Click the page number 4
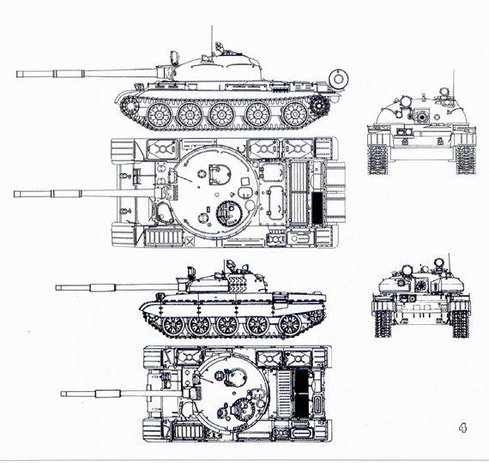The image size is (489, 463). pos(462,428)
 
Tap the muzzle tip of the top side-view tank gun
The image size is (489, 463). pos(17,74)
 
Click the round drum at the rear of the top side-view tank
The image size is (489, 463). pos(338,78)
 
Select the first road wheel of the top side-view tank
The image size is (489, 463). pos(159,115)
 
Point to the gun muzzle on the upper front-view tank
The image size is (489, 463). pos(422,117)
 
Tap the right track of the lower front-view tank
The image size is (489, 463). pos(460,322)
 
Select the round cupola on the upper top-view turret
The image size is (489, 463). pos(229,213)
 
